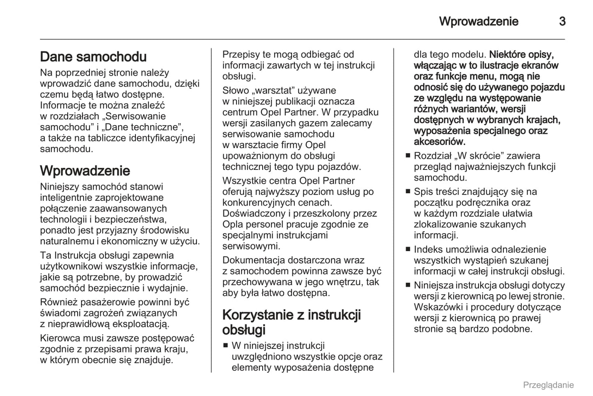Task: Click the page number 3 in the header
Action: click(x=562, y=21)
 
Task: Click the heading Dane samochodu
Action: click(x=93, y=57)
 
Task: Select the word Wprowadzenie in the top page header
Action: click(x=479, y=21)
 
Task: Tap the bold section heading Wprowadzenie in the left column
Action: click(x=85, y=171)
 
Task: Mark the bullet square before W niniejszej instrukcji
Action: click(x=225, y=346)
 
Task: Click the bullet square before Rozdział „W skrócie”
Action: click(x=408, y=156)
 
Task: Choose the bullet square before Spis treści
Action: click(x=408, y=192)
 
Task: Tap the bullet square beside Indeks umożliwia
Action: click(x=408, y=250)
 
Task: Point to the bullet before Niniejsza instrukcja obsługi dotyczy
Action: click(x=408, y=285)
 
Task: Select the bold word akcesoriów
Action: click(x=439, y=142)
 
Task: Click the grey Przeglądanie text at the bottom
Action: click(x=548, y=385)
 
